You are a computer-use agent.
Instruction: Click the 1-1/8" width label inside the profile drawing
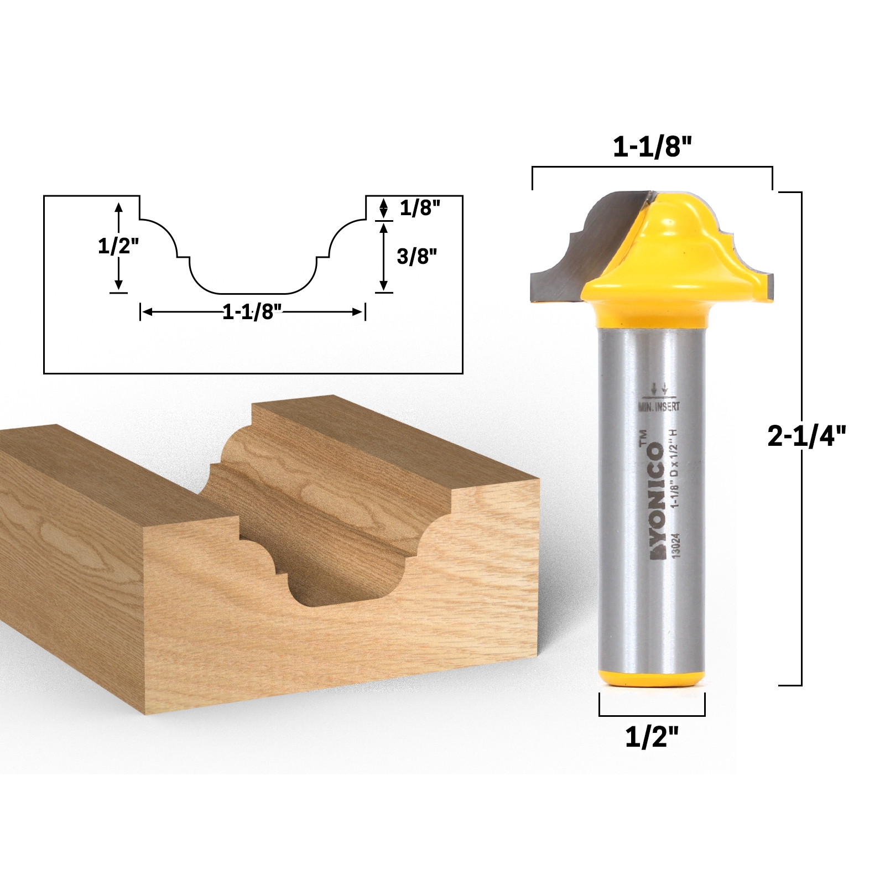click(252, 313)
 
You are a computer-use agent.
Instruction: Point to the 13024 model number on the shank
click(676, 548)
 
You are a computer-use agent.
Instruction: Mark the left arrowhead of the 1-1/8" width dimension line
click(145, 313)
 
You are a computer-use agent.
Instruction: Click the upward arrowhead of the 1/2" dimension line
click(118, 206)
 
